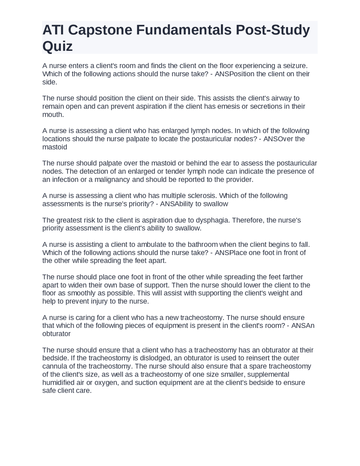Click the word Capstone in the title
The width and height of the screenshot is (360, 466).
[100, 30]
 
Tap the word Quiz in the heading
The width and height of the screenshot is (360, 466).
[57, 46]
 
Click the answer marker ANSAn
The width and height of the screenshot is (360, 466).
[303, 326]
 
